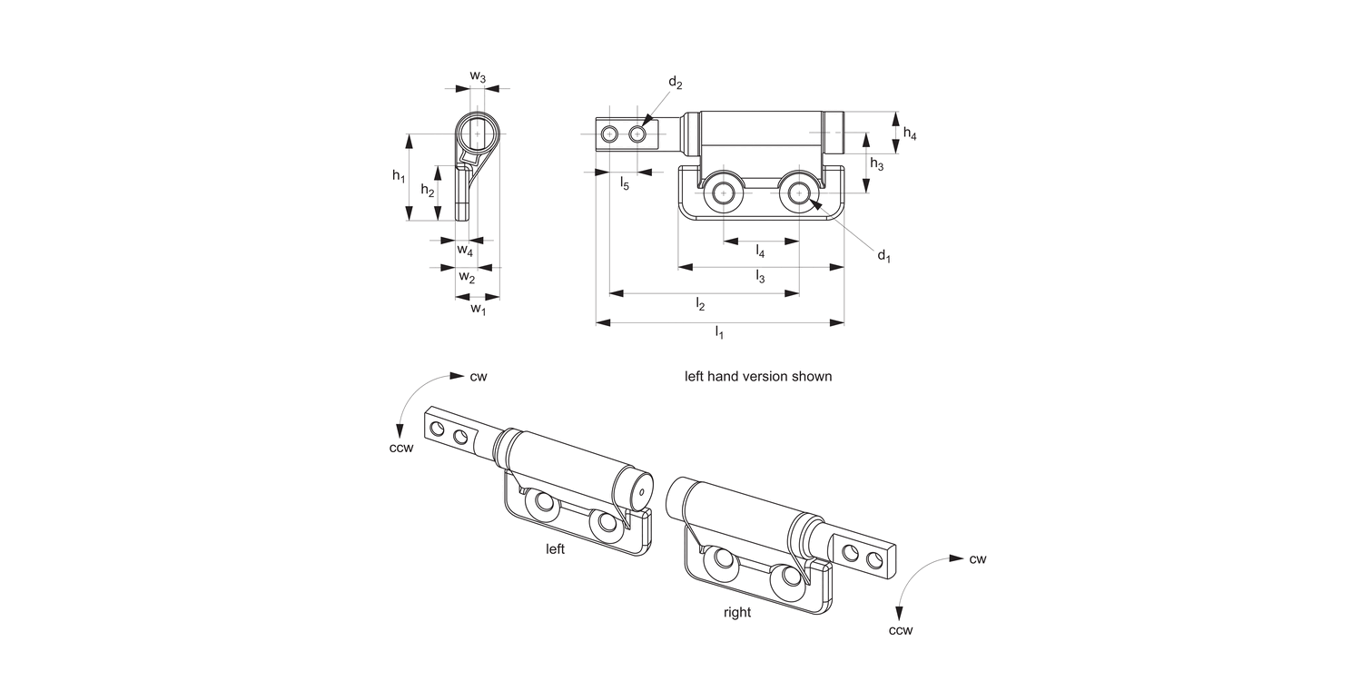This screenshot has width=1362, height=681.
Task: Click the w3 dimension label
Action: tap(478, 78)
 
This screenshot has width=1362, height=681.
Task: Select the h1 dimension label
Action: tap(399, 176)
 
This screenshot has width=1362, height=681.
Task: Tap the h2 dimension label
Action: tap(428, 191)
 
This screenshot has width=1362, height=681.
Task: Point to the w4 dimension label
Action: tap(465, 250)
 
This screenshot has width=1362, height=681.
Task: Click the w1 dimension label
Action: tap(478, 310)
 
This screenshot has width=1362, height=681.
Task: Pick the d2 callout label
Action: tap(675, 83)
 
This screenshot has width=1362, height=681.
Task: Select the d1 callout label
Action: tap(883, 256)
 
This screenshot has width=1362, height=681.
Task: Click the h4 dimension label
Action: tap(910, 133)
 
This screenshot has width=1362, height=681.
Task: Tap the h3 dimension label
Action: tap(877, 164)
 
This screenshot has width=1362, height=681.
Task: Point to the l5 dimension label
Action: tap(625, 184)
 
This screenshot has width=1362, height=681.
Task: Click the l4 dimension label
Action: tap(760, 252)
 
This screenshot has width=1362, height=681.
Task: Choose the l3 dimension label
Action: tap(760, 278)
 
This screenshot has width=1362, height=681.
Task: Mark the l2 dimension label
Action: tap(700, 304)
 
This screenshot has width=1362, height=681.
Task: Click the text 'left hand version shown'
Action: tap(757, 376)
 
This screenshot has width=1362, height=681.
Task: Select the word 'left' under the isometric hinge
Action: tap(555, 549)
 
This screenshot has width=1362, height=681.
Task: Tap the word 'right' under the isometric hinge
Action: tap(737, 612)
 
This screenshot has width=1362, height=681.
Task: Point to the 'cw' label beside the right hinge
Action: tap(977, 558)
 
